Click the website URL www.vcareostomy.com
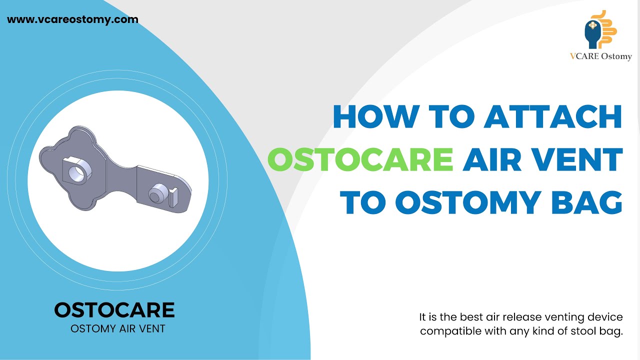point(72,20)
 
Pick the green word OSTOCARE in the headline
point(360,159)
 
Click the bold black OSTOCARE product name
point(114,310)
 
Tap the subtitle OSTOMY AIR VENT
point(117,329)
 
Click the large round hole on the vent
point(76,172)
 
